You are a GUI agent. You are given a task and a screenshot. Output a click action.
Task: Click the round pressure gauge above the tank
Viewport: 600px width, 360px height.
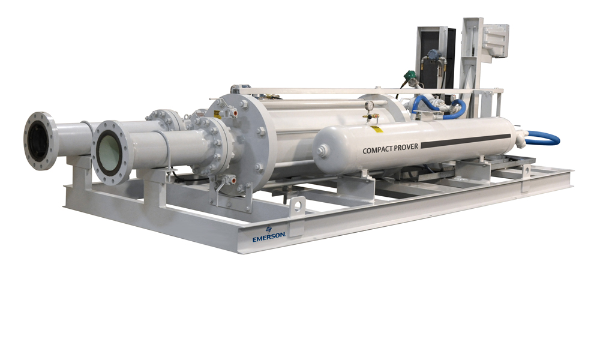pos(369,105)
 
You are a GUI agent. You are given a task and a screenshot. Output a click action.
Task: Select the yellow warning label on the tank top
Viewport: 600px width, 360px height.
pos(377,129)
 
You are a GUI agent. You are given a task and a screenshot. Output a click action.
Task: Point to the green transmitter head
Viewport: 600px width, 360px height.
pos(410,75)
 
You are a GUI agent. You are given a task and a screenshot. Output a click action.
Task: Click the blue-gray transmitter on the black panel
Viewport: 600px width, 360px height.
pos(434,55)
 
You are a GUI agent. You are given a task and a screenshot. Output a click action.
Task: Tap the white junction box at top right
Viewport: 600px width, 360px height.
pos(496,41)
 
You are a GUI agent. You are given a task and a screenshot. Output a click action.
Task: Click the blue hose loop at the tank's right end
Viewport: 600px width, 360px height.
pos(544,138)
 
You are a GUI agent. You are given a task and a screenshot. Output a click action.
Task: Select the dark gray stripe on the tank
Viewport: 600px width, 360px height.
pos(466,141)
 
